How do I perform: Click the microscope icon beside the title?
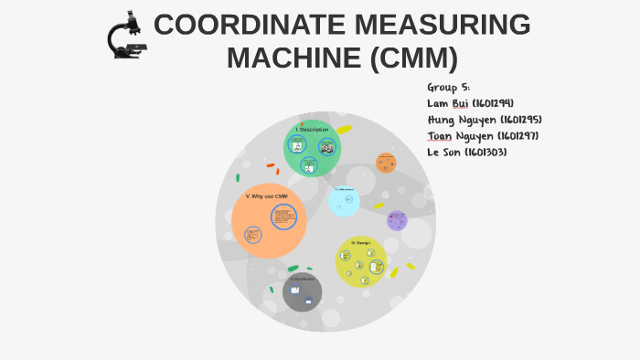point(126,37)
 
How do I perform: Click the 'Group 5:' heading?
point(448,87)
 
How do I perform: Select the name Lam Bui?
point(448,103)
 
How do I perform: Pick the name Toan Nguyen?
point(461,136)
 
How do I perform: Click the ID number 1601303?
point(485,153)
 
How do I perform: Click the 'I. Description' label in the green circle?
point(312,130)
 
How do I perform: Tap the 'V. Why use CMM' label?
point(266,196)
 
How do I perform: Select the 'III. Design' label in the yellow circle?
point(360,242)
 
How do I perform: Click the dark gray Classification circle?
point(302,292)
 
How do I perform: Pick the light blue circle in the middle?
point(344,201)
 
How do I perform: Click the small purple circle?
point(397,220)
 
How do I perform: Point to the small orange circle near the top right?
point(386,163)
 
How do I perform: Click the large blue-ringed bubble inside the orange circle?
point(283,217)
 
